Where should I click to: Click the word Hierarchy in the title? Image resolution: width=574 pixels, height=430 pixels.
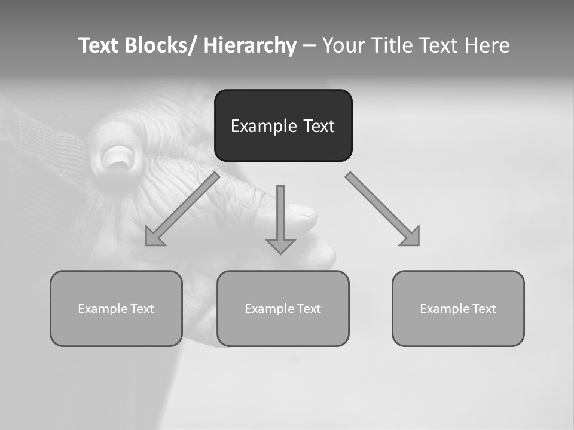point(249,45)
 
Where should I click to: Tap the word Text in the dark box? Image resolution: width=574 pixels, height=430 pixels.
point(318,126)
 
